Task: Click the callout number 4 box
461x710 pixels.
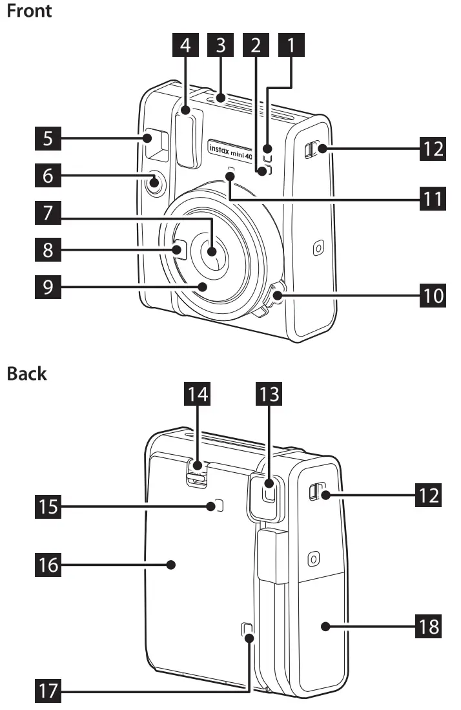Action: pos(186,46)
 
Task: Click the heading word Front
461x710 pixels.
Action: pos(29,11)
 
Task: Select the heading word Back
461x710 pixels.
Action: pos(26,374)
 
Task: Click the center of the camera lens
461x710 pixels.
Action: pos(212,250)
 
